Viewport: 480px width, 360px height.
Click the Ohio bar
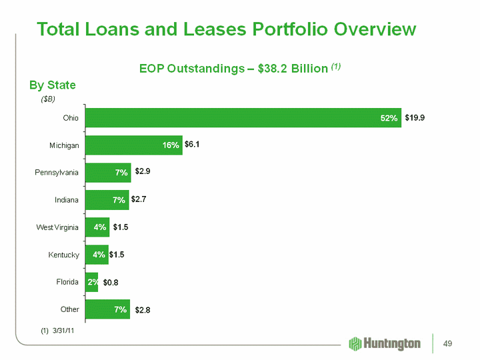point(243,117)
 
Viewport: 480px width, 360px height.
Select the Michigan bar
point(133,145)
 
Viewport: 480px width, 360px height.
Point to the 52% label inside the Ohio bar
point(389,118)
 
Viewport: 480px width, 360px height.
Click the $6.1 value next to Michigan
point(193,145)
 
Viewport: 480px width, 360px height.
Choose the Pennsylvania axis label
point(57,173)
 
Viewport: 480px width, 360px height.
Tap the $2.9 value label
point(145,172)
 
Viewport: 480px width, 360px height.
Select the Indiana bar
point(107,199)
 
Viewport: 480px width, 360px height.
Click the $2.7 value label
point(140,199)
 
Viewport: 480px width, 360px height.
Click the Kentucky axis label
point(64,255)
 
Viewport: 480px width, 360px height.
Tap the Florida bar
point(91,282)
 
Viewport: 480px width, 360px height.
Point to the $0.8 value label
point(111,283)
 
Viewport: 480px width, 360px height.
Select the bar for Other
point(107,309)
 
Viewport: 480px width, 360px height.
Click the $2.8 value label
point(144,310)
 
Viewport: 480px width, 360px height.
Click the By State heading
point(52,85)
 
